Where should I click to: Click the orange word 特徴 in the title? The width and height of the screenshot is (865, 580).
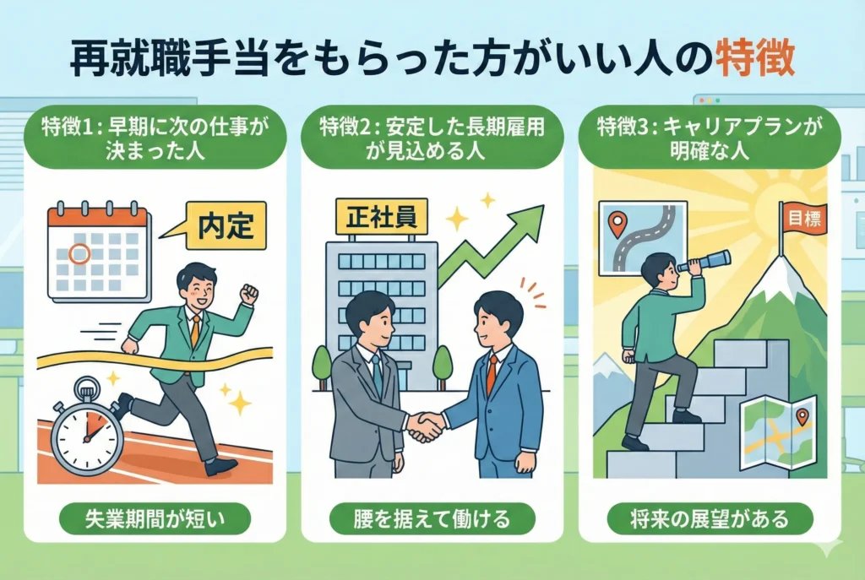[x=755, y=59]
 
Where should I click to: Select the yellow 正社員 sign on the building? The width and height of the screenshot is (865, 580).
[x=381, y=216]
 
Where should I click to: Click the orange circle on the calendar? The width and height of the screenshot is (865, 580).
[x=79, y=253]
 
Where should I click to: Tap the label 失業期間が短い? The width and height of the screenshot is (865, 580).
[x=155, y=519]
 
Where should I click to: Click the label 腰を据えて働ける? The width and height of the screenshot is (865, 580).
[x=432, y=519]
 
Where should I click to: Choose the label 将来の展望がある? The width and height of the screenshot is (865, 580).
[x=710, y=519]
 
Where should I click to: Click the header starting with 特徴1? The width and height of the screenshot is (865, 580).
[x=155, y=138]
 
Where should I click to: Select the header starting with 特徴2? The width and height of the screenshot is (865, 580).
[x=432, y=138]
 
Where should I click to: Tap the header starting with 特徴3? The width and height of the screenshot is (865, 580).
[x=710, y=138]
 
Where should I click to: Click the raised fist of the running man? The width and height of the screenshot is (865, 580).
[x=250, y=292]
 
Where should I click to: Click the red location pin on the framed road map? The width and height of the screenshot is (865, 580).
[x=617, y=225]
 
